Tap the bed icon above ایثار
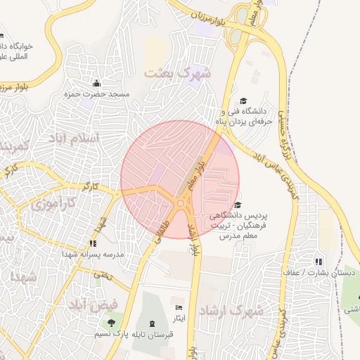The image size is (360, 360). click(179, 308)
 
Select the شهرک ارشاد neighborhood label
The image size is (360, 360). click(230, 310)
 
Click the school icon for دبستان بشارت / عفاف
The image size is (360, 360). click(319, 262)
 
